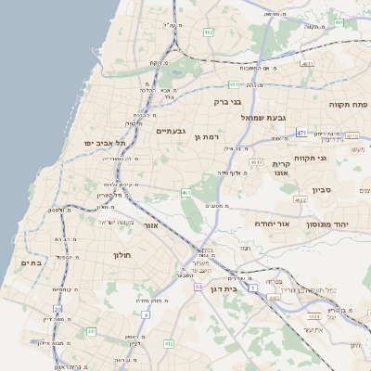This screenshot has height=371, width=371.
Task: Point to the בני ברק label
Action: point(227,102)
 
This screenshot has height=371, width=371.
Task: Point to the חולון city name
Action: point(123,254)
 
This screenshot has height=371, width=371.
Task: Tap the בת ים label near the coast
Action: point(30,264)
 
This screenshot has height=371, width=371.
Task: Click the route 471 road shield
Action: point(301,134)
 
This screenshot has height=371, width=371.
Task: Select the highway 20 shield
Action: point(58,308)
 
